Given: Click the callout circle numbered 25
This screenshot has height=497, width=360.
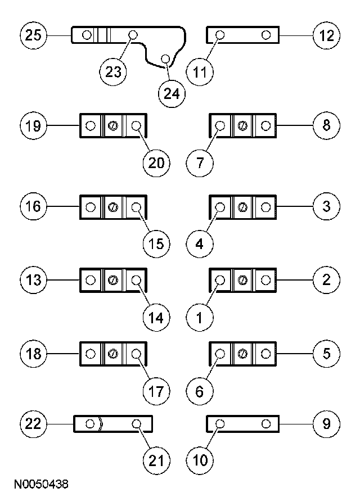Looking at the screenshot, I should point(34,35).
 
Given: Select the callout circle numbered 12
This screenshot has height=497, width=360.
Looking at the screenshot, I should point(326,35).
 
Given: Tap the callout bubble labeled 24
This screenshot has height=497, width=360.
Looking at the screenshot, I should point(172,93).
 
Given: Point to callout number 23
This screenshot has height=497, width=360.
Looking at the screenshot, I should point(114,71).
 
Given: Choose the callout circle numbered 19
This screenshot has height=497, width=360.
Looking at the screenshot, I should point(34,125).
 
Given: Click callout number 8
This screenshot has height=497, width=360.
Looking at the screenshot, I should point(326,125).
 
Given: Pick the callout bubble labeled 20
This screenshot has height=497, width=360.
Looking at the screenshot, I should point(156,162).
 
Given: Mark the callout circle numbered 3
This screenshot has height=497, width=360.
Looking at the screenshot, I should point(326,206).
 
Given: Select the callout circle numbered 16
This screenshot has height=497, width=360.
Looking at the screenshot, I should point(34,206).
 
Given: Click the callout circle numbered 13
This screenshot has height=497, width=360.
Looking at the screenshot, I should point(34,279).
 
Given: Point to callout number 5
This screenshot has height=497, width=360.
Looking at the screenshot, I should point(326,354).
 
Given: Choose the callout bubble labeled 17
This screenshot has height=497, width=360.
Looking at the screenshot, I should point(156,391).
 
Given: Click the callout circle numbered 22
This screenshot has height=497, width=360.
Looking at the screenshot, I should point(34,423).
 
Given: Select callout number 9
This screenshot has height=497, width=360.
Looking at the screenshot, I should point(326,423).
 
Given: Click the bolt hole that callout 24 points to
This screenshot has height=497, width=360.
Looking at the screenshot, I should point(165,58).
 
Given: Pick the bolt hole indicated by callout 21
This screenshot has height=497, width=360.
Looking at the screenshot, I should point(136,423).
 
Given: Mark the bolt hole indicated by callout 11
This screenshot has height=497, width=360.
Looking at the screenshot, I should point(220,35).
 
